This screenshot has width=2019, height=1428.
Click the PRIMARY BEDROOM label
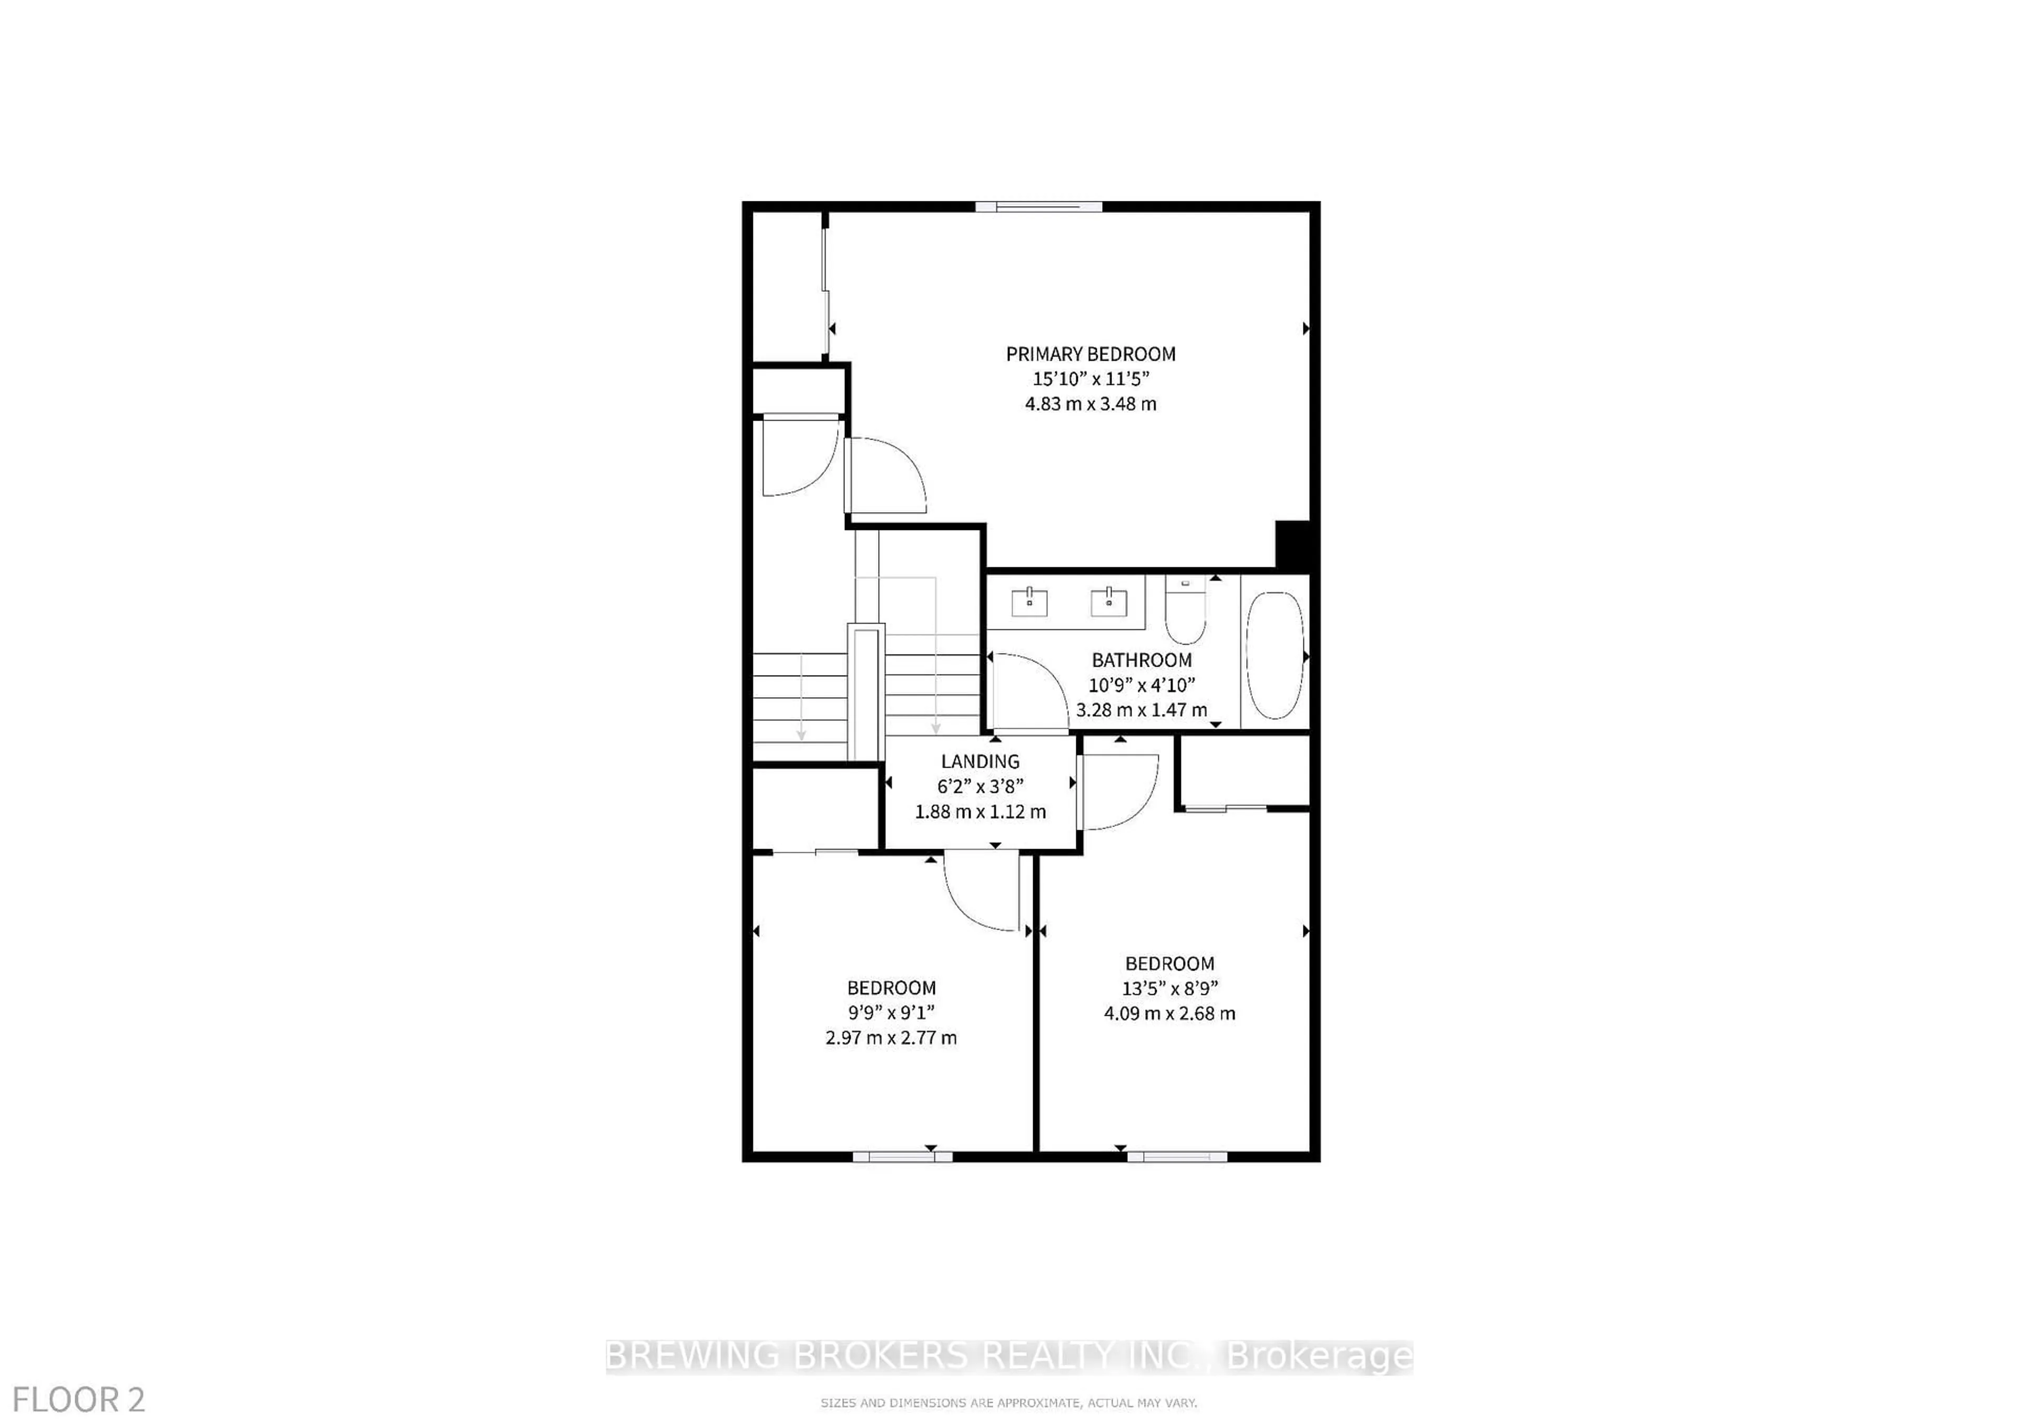pyautogui.click(x=1090, y=354)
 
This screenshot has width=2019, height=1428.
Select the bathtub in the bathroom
pyautogui.click(x=1275, y=655)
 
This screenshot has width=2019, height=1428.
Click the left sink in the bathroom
pyautogui.click(x=1029, y=603)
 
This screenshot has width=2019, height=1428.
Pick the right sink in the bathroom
pyautogui.click(x=1109, y=603)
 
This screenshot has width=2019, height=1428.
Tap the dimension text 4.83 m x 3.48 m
pyautogui.click(x=1090, y=404)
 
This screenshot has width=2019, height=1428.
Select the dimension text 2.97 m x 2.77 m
pyautogui.click(x=891, y=1037)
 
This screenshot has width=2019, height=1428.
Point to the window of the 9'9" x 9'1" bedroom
pyautogui.click(x=902, y=1156)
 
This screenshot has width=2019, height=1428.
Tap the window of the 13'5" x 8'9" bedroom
pyautogui.click(x=1177, y=1156)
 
